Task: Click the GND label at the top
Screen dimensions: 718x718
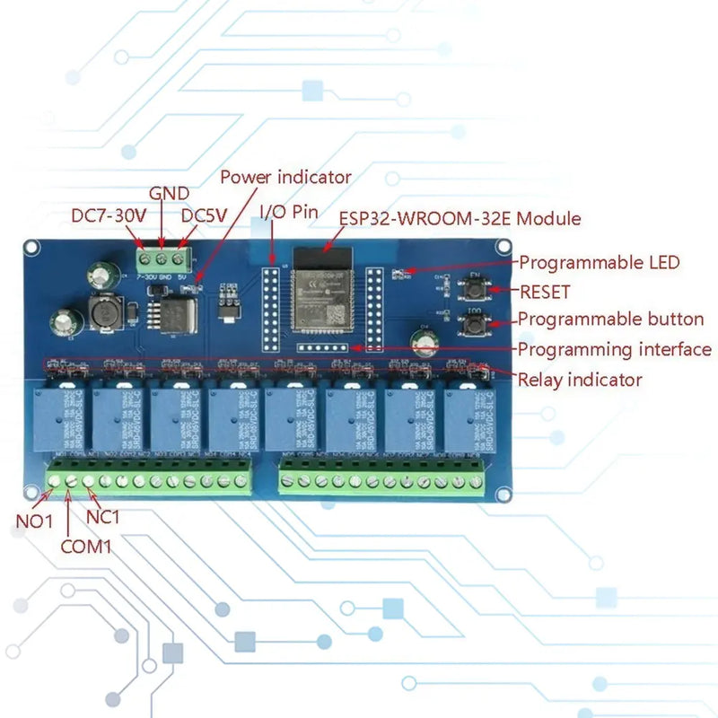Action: [x=168, y=193]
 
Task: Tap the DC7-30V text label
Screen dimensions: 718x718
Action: [x=110, y=216]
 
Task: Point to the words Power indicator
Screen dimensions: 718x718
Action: [x=285, y=178]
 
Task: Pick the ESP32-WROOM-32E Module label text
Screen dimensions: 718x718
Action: [x=459, y=218]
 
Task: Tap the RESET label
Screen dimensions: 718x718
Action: [x=545, y=292]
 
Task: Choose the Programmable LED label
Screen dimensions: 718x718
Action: [x=600, y=263]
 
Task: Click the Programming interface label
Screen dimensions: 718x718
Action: [x=615, y=349]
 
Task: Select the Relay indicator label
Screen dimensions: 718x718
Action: [x=580, y=380]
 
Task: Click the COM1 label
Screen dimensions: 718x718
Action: [x=86, y=545]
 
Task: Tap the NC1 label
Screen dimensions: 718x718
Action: [x=102, y=516]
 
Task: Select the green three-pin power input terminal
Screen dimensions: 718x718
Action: [x=162, y=260]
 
